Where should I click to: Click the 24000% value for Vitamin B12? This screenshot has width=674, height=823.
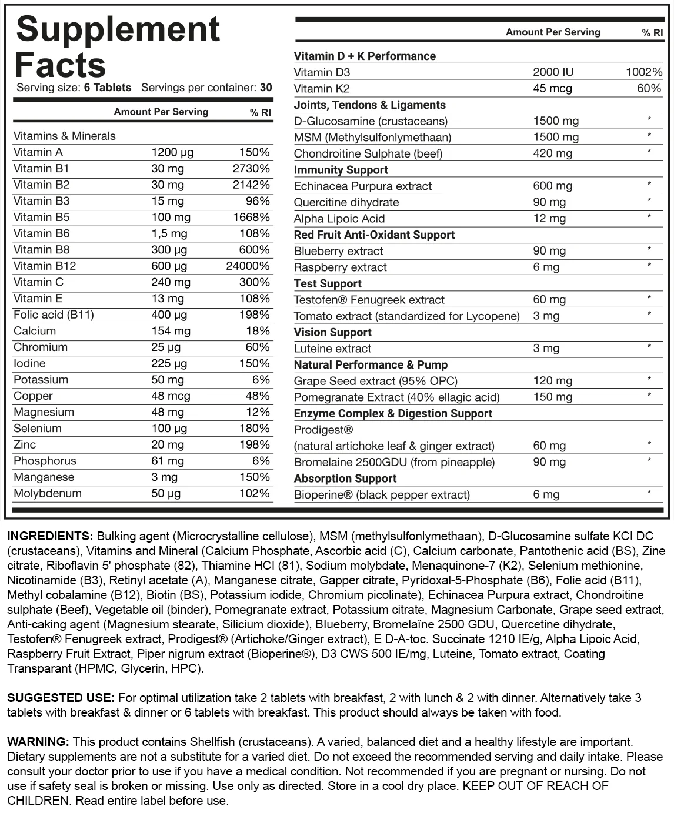click(248, 266)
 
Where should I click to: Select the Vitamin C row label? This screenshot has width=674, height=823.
click(38, 282)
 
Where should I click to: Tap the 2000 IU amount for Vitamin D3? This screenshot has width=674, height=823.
click(553, 72)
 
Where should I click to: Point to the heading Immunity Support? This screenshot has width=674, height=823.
click(341, 170)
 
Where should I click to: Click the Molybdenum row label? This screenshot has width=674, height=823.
click(48, 493)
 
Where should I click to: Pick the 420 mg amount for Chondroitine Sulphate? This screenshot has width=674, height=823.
click(552, 153)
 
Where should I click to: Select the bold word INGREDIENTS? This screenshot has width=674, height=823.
click(50, 536)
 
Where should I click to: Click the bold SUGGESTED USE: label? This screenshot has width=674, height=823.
click(61, 698)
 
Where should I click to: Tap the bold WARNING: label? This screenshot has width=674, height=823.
click(38, 742)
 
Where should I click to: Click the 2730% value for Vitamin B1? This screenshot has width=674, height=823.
click(251, 169)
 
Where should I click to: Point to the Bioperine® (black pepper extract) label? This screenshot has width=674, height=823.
click(382, 494)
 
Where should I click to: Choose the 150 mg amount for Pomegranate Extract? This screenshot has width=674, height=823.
click(552, 397)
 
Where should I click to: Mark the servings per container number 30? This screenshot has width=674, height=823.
click(266, 88)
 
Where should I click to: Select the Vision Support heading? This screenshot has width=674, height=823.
click(332, 332)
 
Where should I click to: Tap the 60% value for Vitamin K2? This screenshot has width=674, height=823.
click(649, 89)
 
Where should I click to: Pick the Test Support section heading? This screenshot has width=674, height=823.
click(328, 283)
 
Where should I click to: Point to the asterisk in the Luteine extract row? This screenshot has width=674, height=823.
click(649, 347)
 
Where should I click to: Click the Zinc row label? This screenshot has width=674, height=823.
click(25, 444)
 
